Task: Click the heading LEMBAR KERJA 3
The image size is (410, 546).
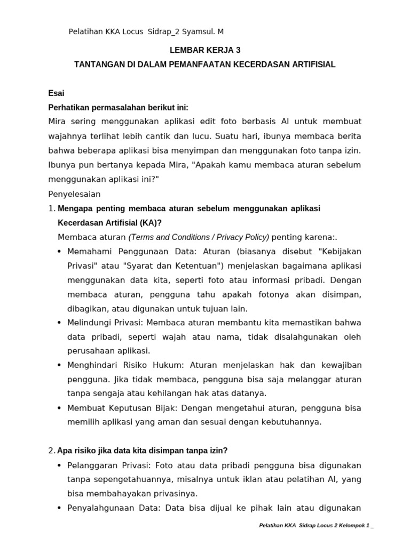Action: click(x=205, y=50)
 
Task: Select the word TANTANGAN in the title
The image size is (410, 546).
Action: click(x=99, y=65)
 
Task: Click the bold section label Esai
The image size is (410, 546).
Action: click(x=56, y=93)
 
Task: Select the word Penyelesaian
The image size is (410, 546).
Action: click(x=74, y=194)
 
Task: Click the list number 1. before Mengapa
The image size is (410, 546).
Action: click(x=52, y=208)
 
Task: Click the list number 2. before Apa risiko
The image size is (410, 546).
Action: click(x=52, y=451)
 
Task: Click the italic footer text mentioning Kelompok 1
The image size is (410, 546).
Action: click(x=316, y=526)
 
